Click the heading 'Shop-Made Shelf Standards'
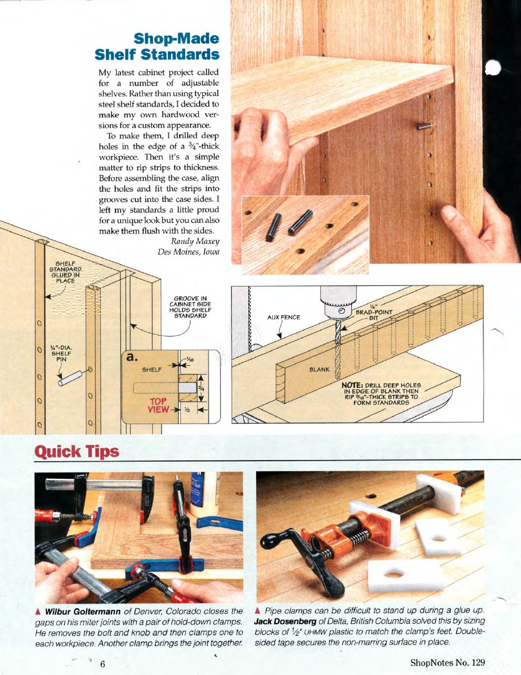click(157, 47)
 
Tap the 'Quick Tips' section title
click(77, 451)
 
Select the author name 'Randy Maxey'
click(195, 241)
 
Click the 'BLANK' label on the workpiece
click(319, 369)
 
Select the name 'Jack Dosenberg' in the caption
click(283, 622)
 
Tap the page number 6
click(103, 664)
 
